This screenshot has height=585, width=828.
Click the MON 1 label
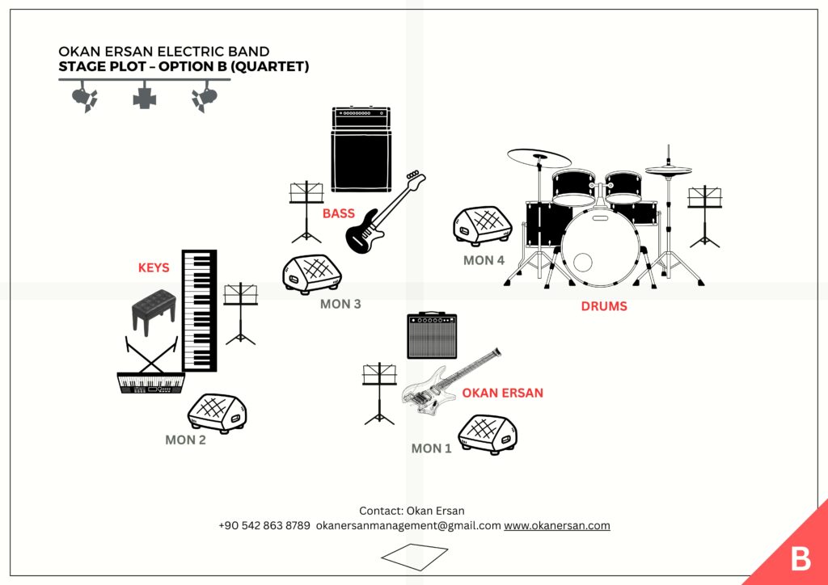pos(432,448)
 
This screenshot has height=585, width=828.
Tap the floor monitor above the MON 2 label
pos(218,414)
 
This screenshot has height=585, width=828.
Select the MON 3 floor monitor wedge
pos(312,275)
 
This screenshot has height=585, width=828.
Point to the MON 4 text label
pos(484,260)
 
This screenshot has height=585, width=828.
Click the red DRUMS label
pos(604,306)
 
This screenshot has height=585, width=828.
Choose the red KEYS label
pos(154,268)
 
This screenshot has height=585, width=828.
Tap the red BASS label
pos(339,213)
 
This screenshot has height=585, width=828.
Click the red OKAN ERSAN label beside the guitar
pos(502,393)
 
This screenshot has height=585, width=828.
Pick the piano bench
pos(154,311)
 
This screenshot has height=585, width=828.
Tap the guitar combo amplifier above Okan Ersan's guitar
pos(432,335)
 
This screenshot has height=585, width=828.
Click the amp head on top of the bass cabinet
pos(361,117)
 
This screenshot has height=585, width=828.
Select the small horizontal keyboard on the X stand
pos(151,384)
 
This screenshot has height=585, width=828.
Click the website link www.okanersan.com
pos(557,526)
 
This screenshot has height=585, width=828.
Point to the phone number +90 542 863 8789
pos(264,526)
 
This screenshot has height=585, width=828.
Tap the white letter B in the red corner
pos(801,558)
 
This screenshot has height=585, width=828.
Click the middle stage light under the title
pos(145,95)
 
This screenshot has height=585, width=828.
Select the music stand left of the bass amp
pos(306,212)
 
